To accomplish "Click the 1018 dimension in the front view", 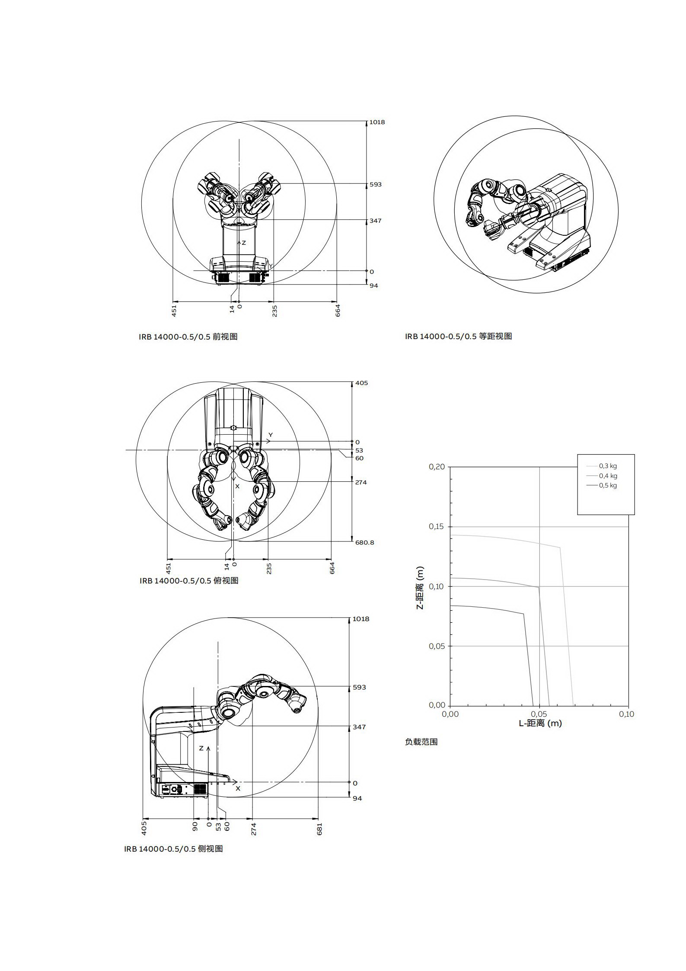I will (377, 122).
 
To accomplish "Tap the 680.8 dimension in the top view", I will (364, 542).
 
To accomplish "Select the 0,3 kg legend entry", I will (607, 466).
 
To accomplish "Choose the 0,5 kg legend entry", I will (607, 485).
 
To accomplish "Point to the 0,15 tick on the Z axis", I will (437, 526).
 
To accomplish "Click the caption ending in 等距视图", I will (458, 336).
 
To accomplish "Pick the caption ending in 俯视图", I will (189, 580).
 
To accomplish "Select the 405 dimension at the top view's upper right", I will (361, 383).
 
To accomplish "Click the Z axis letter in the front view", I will (244, 243).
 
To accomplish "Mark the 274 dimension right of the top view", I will (361, 482).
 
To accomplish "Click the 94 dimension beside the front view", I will (373, 286).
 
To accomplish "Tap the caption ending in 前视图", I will (188, 336).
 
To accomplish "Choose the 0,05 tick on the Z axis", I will (437, 646).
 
